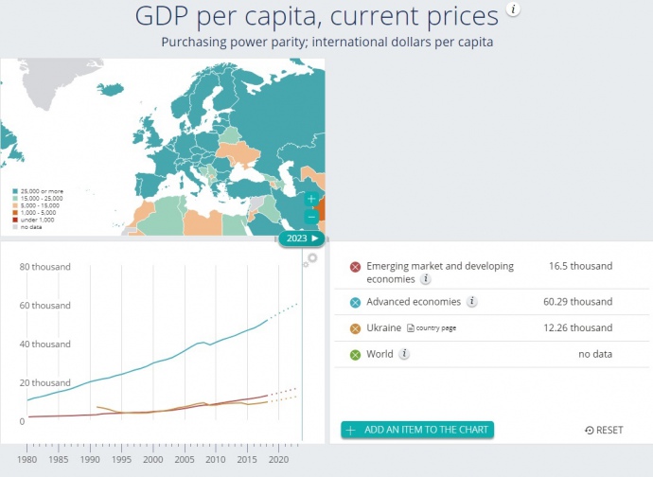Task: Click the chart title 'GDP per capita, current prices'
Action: tap(316, 17)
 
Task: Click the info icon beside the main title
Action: tap(513, 9)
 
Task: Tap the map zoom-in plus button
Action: tap(311, 200)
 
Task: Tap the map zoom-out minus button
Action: tap(311, 217)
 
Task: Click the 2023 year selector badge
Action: tap(302, 238)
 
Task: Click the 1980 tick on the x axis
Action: tap(27, 460)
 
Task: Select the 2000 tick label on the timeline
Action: tap(153, 460)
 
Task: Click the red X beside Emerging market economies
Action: tap(355, 267)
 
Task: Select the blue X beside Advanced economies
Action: tap(355, 302)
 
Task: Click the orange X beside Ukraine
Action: tap(355, 328)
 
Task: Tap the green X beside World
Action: tap(355, 355)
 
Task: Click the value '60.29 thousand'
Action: tap(580, 302)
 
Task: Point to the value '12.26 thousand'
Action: tap(580, 328)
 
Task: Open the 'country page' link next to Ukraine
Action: tap(431, 328)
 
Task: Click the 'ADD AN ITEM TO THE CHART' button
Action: tap(417, 430)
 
